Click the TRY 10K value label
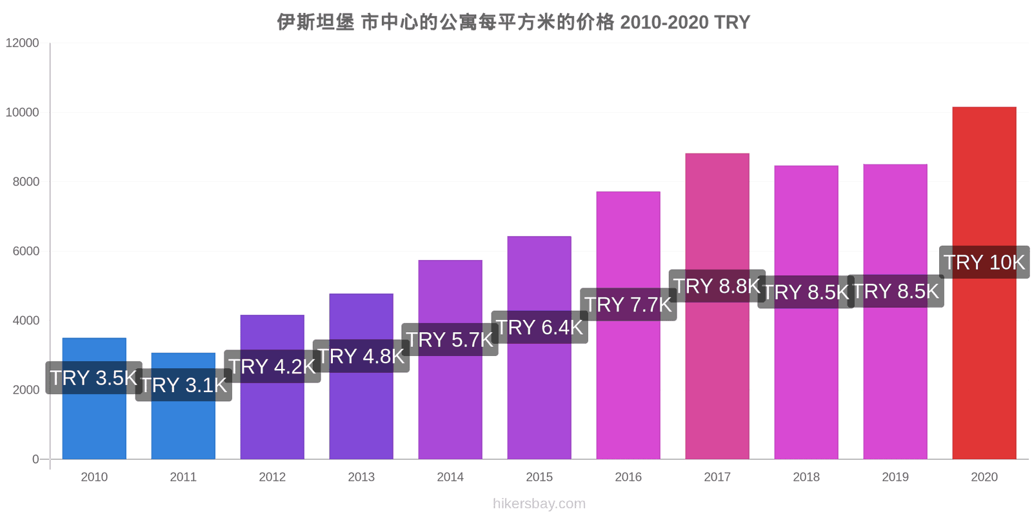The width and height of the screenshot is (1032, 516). (984, 263)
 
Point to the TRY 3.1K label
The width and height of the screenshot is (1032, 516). (184, 385)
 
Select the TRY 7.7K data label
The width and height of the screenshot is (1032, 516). (628, 304)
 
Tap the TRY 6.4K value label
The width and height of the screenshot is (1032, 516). (539, 327)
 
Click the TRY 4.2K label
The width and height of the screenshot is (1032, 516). (272, 366)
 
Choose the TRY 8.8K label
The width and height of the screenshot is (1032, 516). (717, 286)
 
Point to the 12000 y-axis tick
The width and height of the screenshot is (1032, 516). (23, 43)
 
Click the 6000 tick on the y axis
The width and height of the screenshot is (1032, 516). (26, 252)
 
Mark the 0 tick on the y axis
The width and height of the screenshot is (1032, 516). (35, 459)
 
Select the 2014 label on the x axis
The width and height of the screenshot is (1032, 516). (450, 477)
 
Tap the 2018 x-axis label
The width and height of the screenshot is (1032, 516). (806, 477)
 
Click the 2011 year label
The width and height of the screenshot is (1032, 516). (183, 477)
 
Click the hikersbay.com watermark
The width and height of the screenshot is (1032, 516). (539, 504)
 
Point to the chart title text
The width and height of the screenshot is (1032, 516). (513, 23)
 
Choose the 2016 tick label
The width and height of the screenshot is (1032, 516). (628, 477)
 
